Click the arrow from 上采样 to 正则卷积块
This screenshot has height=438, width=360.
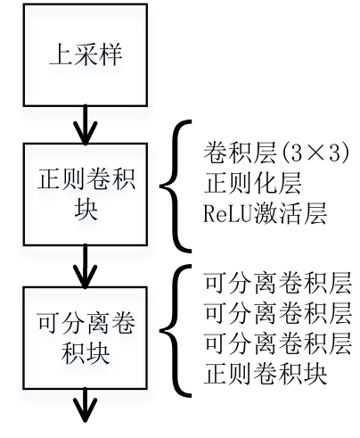pos(86,125)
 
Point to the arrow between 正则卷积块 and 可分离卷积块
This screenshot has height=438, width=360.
pos(86,266)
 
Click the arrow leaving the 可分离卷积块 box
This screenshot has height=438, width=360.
pos(86,405)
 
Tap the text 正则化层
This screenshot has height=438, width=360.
pos(252,183)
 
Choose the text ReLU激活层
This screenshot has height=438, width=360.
pos(266,213)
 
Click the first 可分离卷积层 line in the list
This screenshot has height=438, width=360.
pos(278,283)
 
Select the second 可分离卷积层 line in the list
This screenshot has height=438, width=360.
pos(278,313)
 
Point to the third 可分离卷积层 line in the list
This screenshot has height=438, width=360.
pos(278,343)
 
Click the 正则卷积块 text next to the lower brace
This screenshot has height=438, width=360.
pos(266,374)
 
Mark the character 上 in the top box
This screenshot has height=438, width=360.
pos(61,55)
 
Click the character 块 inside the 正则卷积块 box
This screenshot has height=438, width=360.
pos(86,209)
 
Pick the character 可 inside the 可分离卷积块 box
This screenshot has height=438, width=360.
pos(49,323)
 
